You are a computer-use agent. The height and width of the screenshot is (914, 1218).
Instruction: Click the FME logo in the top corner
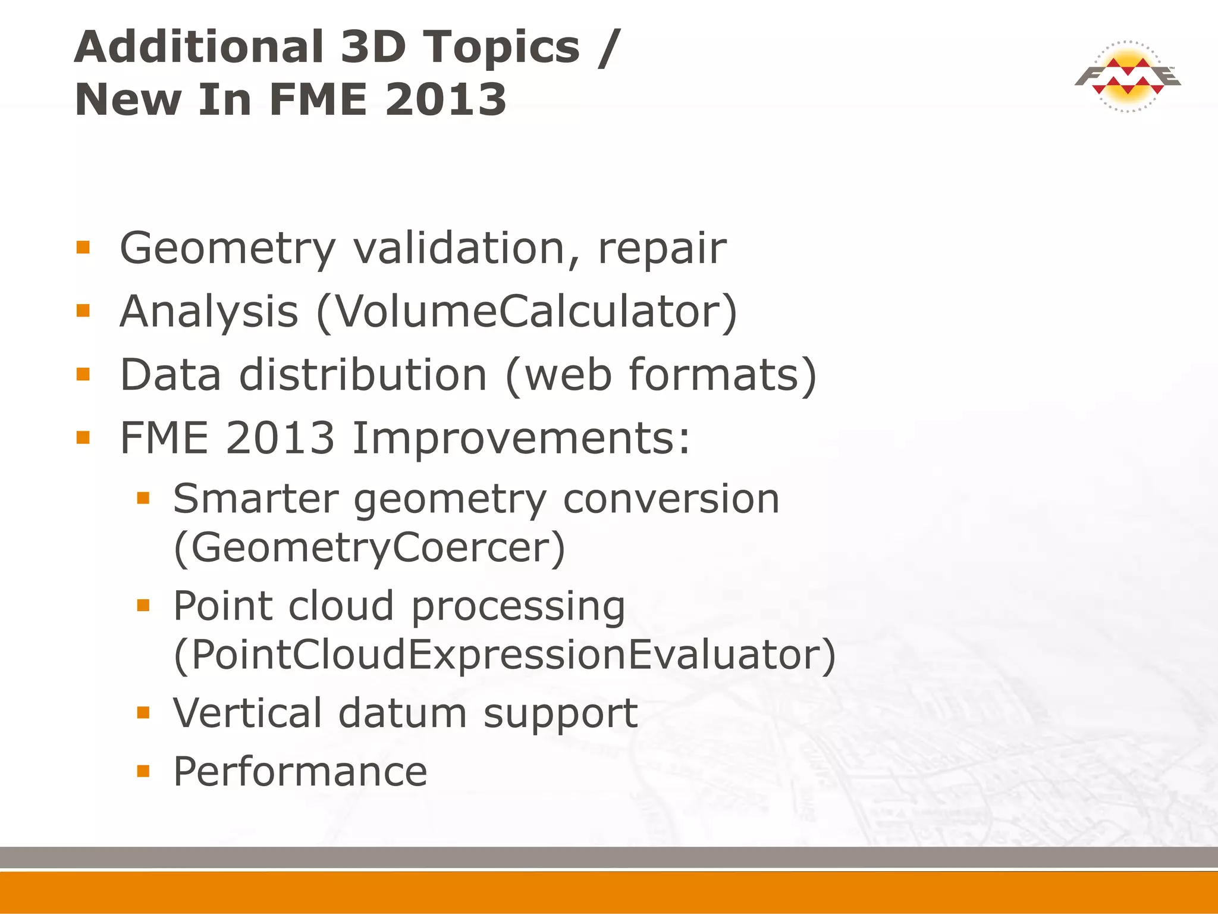pyautogui.click(x=1127, y=77)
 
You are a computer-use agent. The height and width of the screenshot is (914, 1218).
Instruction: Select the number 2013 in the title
pyautogui.click(x=446, y=100)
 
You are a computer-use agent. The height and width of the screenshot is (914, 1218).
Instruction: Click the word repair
pyautogui.click(x=662, y=249)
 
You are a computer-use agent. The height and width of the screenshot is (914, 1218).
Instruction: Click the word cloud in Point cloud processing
pyautogui.click(x=341, y=606)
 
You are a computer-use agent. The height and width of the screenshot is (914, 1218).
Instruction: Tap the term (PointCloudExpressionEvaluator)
pyautogui.click(x=505, y=655)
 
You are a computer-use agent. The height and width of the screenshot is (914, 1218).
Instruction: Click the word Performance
pyautogui.click(x=300, y=772)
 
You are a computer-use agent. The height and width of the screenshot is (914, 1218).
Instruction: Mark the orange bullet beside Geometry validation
pyautogui.click(x=83, y=247)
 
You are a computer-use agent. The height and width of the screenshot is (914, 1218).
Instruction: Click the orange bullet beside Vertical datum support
pyautogui.click(x=143, y=712)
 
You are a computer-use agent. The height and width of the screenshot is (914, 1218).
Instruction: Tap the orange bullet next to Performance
pyautogui.click(x=143, y=771)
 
